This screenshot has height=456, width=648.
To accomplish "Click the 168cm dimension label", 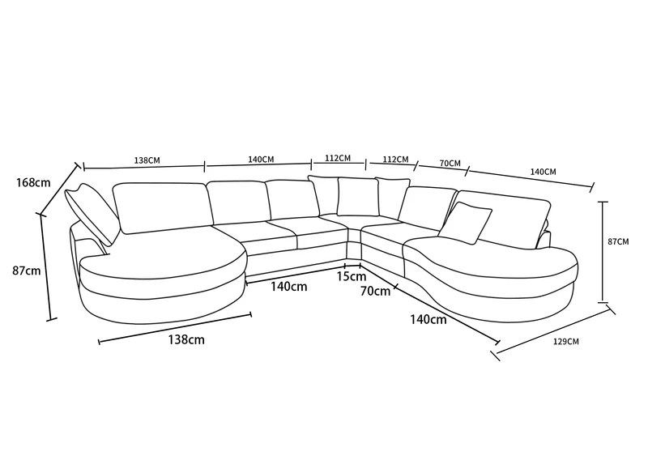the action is tap(33, 182).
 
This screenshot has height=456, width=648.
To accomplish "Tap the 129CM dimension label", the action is tap(566, 342).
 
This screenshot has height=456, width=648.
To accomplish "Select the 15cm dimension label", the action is tap(352, 276).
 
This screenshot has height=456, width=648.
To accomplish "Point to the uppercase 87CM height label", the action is tap(618, 241).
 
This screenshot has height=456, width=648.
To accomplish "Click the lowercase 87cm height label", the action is tap(27, 271).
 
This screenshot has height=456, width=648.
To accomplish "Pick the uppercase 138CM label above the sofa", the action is tap(147, 160).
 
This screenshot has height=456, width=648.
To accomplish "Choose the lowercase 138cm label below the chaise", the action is tap(186, 339).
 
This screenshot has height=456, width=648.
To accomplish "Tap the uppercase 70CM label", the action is tap(450, 164).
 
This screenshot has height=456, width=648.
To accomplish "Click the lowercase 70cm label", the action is tap(375, 291).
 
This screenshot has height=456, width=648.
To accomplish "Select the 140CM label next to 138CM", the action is tap(261, 160).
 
